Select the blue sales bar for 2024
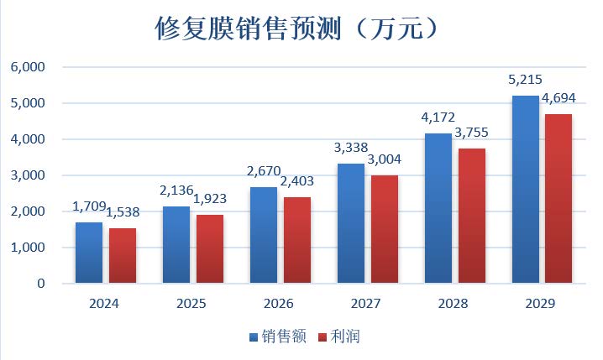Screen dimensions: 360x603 tap(88, 253)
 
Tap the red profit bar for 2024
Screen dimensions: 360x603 tap(122, 256)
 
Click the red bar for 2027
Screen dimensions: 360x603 tap(384, 229)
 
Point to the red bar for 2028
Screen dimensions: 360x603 tap(471, 216)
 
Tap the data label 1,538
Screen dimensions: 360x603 tap(123, 212)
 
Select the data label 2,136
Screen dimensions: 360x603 tap(175, 190)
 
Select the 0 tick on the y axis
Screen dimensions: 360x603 tap(39, 284)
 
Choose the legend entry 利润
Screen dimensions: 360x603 tap(347, 337)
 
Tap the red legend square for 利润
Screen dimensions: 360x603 tap(323, 337)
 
